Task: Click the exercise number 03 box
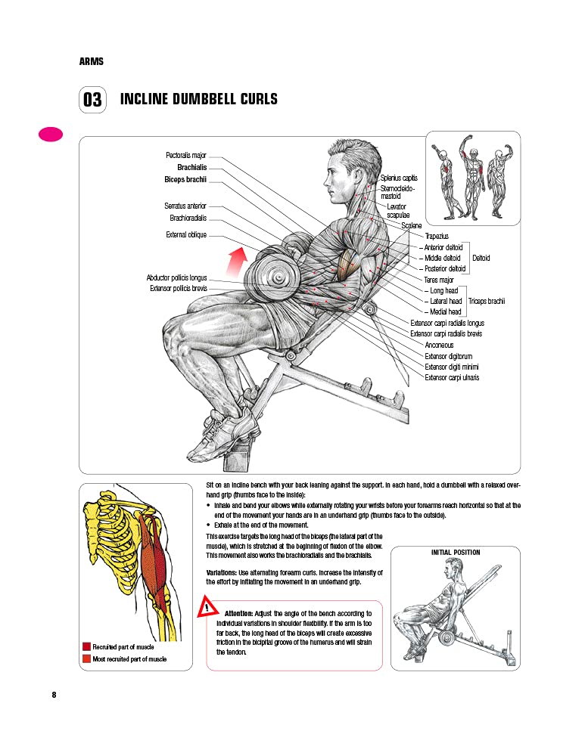pos(92,101)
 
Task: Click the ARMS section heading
pos(91,61)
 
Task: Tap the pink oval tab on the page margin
pos(51,135)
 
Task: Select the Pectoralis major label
pos(186,156)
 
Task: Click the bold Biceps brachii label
pos(185,180)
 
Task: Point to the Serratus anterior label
pos(185,206)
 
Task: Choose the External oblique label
pos(186,235)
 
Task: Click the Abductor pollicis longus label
pos(176,278)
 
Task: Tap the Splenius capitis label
pos(399,178)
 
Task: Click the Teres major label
pos(438,280)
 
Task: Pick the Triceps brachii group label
pos(486,301)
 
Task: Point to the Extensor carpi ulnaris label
pos(452,377)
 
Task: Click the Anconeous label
pos(440,345)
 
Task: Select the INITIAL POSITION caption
pos(455,553)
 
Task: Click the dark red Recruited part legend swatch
pos(87,646)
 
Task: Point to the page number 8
pos(54,695)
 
